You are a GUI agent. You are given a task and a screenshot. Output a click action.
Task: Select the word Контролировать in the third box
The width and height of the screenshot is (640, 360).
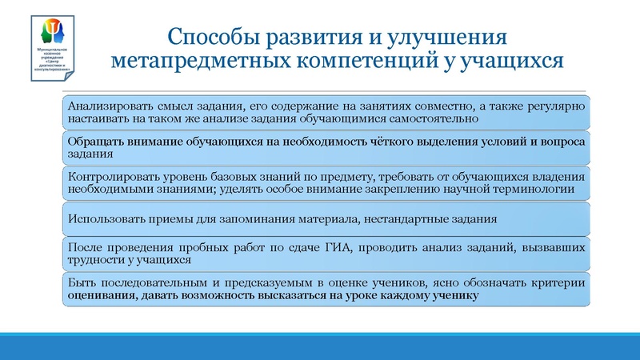click(110, 177)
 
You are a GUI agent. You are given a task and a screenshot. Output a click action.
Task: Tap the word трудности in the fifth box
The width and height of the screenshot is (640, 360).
click(94, 261)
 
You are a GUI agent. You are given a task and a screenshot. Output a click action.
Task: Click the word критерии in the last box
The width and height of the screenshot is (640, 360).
click(565, 283)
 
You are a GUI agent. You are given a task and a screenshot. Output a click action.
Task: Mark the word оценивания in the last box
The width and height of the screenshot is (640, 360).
click(99, 296)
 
